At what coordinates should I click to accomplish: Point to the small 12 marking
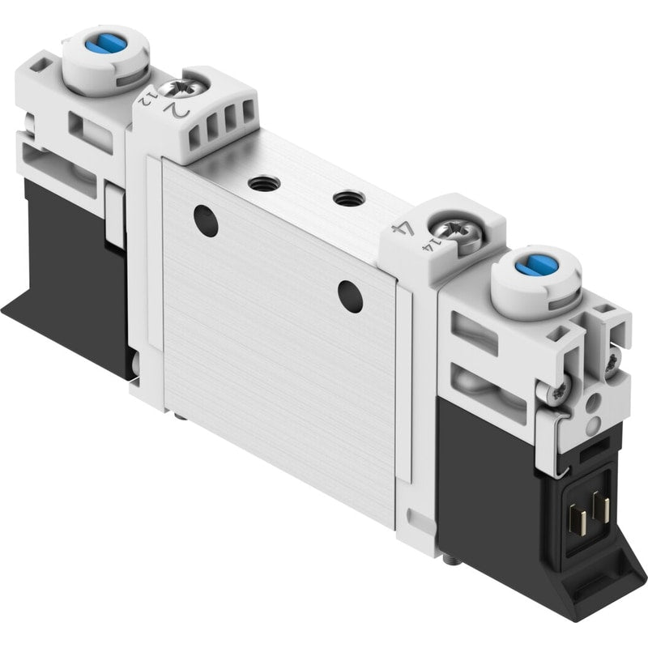pos(145,100)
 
